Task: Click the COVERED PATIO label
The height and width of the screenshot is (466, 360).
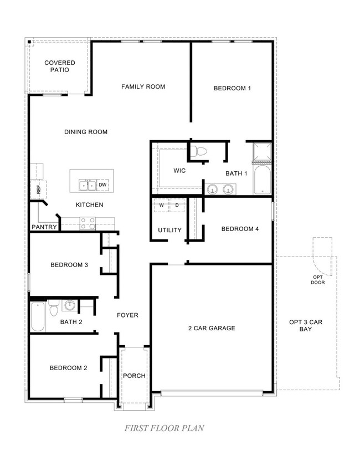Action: [60, 66]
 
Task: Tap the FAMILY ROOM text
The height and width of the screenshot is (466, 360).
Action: [143, 86]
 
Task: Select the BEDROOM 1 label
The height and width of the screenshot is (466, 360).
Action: [233, 88]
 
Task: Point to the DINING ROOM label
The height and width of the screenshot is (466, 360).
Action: [86, 132]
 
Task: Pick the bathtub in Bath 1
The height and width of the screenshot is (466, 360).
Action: [262, 181]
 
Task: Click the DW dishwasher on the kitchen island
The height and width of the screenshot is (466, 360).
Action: [103, 185]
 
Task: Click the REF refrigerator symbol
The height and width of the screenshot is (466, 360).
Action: [38, 189]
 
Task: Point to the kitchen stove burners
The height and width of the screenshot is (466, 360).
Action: [88, 223]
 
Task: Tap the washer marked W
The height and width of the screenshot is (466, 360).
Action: [162, 206]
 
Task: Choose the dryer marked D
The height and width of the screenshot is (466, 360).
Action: [177, 206]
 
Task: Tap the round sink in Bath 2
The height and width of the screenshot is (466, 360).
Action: [70, 305]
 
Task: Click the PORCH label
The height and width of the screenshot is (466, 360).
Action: [134, 376]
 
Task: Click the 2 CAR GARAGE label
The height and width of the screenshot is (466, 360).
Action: [210, 328]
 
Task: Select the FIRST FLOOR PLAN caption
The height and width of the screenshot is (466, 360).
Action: [164, 428]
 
